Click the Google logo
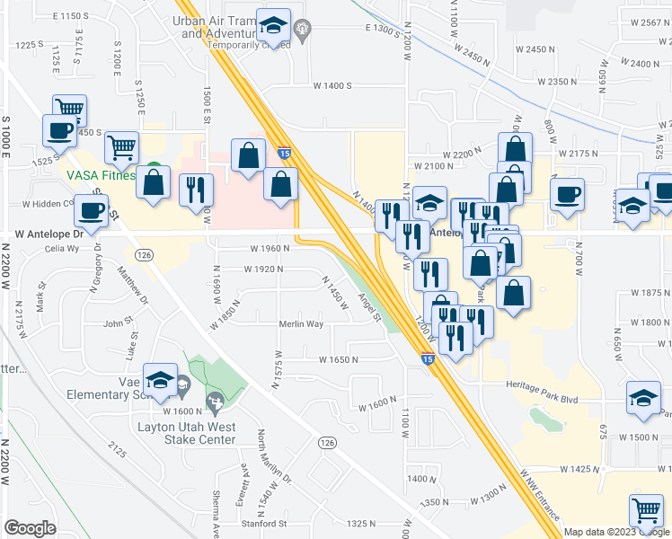tap(30, 528)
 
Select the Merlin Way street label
tap(301, 324)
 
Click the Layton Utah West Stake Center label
tap(186, 433)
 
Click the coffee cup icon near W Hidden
tap(90, 212)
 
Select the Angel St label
tap(370, 308)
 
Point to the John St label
tap(119, 323)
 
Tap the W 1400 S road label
tap(331, 85)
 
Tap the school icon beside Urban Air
tap(271, 26)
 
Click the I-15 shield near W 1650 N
tap(429, 359)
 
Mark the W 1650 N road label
tap(338, 359)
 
